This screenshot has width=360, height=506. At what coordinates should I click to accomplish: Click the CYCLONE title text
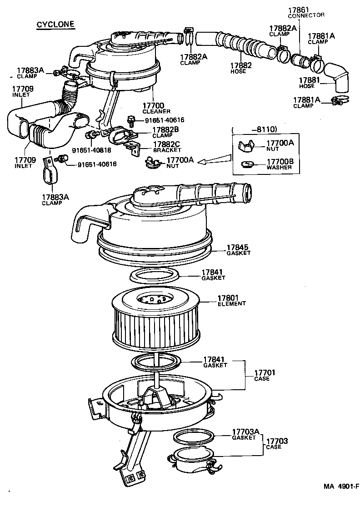click(55, 25)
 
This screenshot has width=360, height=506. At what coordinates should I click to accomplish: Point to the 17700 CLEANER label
click(156, 108)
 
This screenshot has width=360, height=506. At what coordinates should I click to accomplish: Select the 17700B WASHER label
click(279, 164)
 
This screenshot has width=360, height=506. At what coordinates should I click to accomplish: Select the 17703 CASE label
click(276, 443)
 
